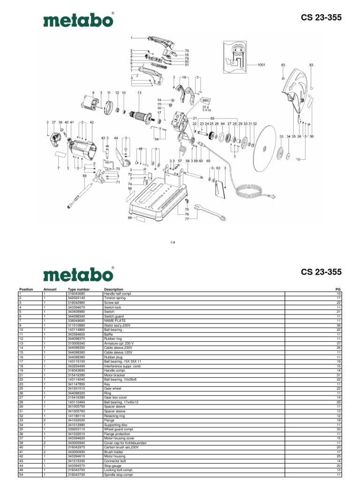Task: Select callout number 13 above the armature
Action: (139, 93)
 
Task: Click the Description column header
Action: (113, 289)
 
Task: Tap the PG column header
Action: (337, 289)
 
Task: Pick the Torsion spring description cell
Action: (114, 298)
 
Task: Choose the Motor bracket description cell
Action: (115, 375)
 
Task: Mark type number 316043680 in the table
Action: (76, 293)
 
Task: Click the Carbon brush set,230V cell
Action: (120, 448)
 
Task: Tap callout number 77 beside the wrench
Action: (187, 219)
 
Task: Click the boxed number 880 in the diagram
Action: (205, 100)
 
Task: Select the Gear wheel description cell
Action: (112, 388)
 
